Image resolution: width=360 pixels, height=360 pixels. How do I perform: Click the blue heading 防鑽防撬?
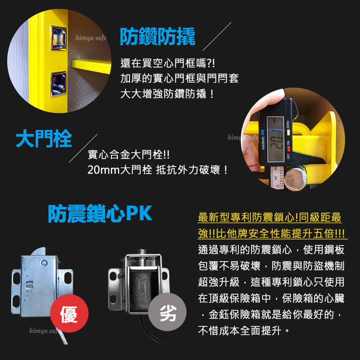click(158, 36)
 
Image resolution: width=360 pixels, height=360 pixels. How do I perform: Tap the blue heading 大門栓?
click(44, 139)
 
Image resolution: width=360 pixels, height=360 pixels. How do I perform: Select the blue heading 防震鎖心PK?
click(100, 213)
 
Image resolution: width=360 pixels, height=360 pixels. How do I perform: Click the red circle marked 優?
click(69, 313)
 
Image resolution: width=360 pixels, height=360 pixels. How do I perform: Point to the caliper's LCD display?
click(275, 139)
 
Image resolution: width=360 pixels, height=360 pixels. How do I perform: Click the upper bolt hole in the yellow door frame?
click(59, 38)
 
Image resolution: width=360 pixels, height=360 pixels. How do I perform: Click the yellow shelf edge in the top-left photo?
click(91, 66)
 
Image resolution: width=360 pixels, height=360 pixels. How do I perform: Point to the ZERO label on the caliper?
click(288, 125)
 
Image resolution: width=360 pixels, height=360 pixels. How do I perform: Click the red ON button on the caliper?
click(288, 149)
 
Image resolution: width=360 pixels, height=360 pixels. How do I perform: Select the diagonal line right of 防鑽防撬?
click(217, 36)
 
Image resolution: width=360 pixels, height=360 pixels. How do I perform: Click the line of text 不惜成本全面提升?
click(240, 331)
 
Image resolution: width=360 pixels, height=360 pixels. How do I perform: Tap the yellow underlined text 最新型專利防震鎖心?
click(248, 217)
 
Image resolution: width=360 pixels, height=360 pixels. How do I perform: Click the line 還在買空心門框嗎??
click(168, 63)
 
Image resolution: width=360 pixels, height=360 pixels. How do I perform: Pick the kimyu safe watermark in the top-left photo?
click(91, 37)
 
